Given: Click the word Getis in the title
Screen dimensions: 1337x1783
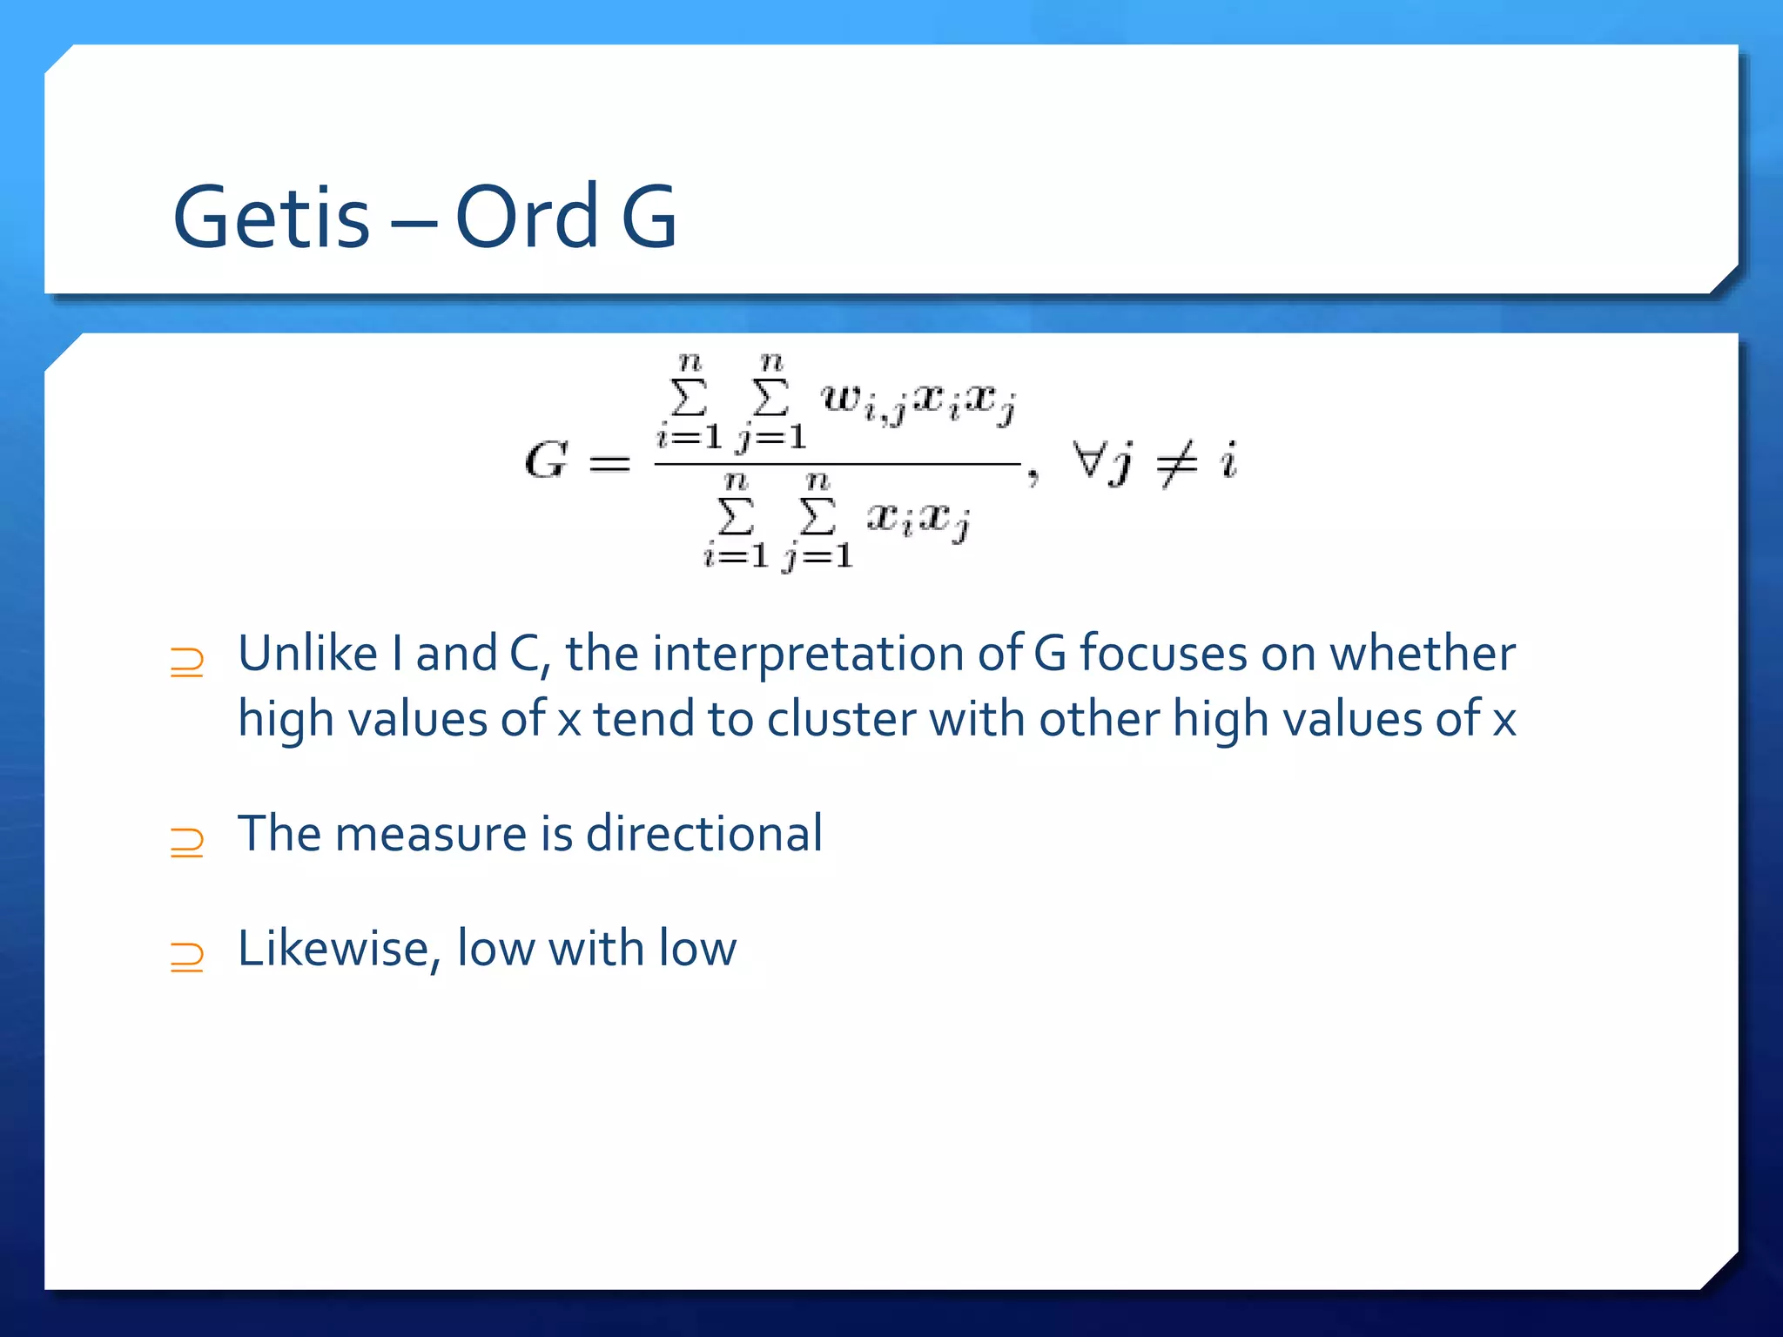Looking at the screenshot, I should tap(272, 218).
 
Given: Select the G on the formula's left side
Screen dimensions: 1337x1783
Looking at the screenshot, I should tap(546, 460).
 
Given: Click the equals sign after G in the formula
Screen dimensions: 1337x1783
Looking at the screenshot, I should tap(609, 463).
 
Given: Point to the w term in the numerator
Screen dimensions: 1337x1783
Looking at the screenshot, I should tap(841, 399).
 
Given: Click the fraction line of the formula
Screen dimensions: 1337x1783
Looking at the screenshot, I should tap(836, 465).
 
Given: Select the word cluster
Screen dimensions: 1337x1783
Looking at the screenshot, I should tap(841, 720).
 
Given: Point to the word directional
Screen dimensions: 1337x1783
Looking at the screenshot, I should tap(703, 833).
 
